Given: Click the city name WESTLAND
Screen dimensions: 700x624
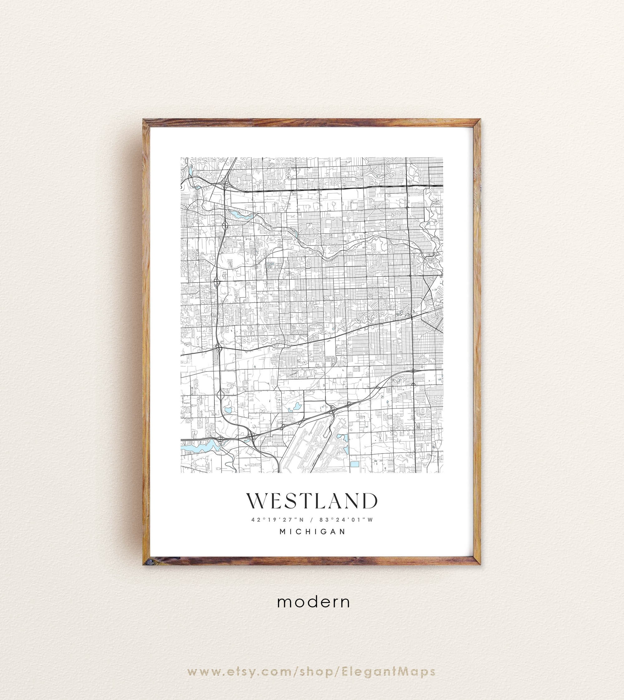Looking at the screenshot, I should (312, 501).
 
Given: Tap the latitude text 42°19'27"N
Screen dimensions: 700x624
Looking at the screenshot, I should (278, 520).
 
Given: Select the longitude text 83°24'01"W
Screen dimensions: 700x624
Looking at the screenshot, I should (346, 520).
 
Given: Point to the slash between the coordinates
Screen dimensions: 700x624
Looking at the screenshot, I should (312, 520).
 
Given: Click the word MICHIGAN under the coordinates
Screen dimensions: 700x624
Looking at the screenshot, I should (312, 532).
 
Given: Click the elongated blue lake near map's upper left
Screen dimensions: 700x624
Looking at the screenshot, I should (236, 215).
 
